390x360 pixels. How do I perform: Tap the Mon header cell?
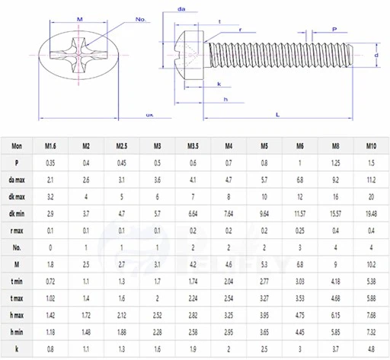coord(17,145)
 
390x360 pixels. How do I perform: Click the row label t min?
coord(17,282)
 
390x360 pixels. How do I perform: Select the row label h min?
coord(17,332)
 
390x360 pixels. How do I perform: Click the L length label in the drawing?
coord(277,113)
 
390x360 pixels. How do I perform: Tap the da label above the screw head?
coord(182,8)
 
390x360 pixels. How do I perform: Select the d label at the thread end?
coord(376,56)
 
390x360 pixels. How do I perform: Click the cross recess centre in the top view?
coord(78,55)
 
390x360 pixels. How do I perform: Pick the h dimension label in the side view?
coord(226,99)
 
